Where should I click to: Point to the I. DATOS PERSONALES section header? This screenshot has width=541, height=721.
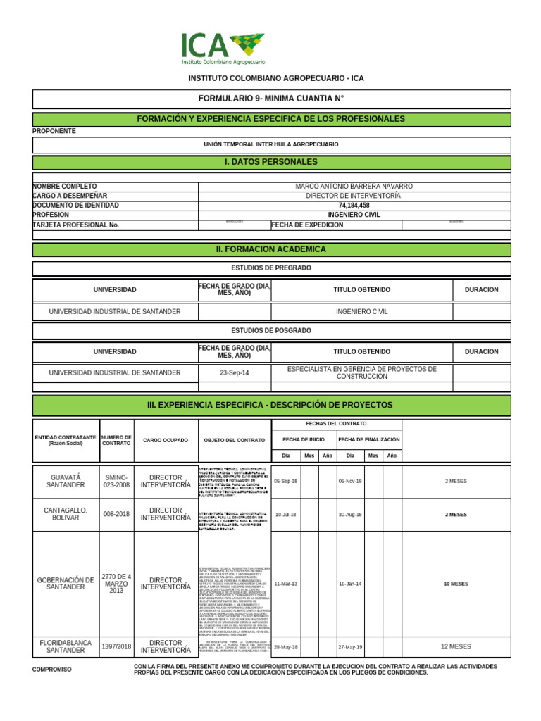[x=271, y=162]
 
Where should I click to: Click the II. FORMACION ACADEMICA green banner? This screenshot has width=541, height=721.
[x=271, y=249]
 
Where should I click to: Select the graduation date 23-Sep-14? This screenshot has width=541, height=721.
[x=234, y=372]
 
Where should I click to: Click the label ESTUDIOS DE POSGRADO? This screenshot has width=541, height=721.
[x=271, y=330]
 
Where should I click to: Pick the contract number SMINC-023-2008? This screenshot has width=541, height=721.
[x=117, y=481]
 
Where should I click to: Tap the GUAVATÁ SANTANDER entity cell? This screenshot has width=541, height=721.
[x=66, y=481]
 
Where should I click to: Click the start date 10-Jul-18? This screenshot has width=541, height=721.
[x=285, y=515]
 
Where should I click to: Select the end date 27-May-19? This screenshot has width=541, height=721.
[x=350, y=647]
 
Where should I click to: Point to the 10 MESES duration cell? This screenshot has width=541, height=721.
[x=456, y=584]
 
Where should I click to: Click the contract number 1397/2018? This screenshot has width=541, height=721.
[x=117, y=647]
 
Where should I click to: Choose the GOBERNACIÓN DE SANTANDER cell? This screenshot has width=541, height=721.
[x=66, y=584]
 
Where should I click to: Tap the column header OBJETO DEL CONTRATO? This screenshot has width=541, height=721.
[x=234, y=440]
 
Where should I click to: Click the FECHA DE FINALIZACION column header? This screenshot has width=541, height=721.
[x=369, y=439]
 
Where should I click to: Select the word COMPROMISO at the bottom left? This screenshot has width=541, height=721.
[x=52, y=669]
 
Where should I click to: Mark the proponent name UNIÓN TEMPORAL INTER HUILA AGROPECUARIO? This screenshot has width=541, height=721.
[x=271, y=144]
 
